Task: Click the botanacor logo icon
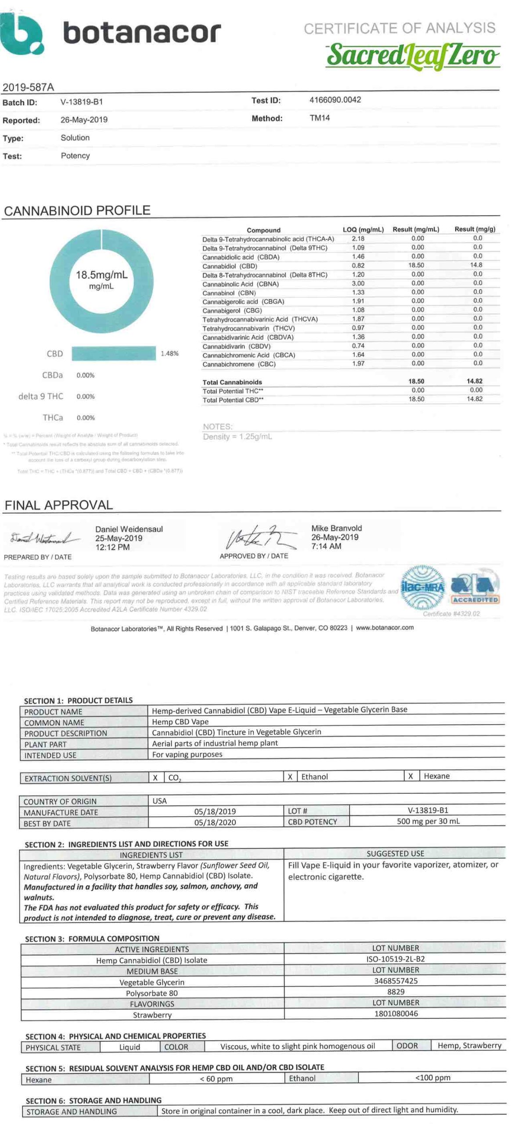tap(21, 34)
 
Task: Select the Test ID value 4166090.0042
tap(335, 100)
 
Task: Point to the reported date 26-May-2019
tap(84, 120)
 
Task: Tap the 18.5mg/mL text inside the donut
tap(101, 275)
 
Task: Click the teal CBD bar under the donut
tap(113, 353)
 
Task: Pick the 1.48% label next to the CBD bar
tap(169, 353)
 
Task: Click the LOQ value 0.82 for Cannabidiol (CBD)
tap(358, 266)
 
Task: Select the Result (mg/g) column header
tap(475, 229)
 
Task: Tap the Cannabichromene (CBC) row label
tap(239, 364)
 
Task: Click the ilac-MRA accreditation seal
tap(422, 587)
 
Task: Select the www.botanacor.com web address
tap(385, 628)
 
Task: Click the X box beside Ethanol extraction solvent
tap(290, 777)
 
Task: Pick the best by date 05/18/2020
tap(215, 822)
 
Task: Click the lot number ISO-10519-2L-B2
tap(395, 959)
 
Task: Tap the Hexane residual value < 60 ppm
tap(216, 1079)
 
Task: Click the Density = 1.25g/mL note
tap(237, 437)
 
